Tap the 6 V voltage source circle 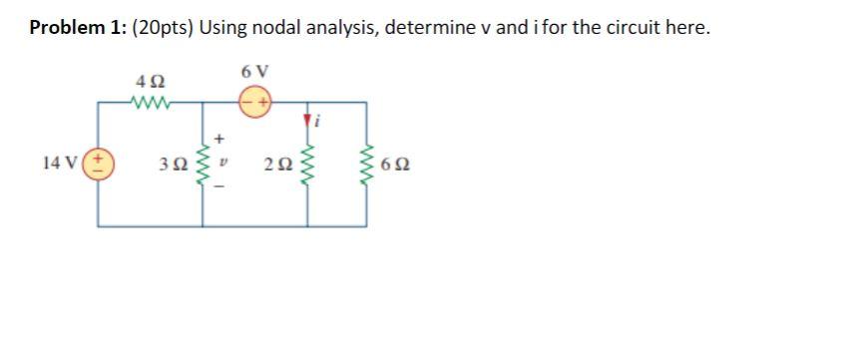click(255, 102)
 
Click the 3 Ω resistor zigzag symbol click(207, 164)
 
